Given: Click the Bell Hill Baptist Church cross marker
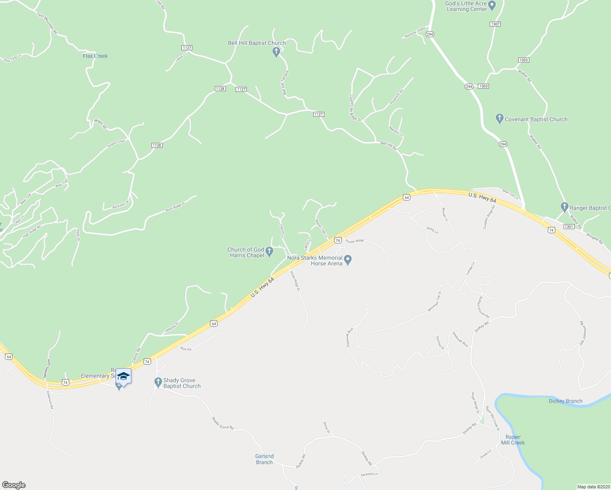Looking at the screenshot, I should pyautogui.click(x=276, y=52).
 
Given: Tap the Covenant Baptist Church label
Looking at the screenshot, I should pyautogui.click(x=536, y=120).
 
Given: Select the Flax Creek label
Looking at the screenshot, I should pyautogui.click(x=95, y=56).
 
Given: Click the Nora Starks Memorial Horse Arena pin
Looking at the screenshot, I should pyautogui.click(x=348, y=259).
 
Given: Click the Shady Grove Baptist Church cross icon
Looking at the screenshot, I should pyautogui.click(x=158, y=383).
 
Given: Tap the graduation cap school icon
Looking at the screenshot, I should pyautogui.click(x=123, y=376).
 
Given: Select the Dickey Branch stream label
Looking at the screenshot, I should pyautogui.click(x=565, y=401).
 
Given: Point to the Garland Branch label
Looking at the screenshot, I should pyautogui.click(x=264, y=459).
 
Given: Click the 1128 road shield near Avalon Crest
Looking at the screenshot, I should pyautogui.click(x=157, y=145).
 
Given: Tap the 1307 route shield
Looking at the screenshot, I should pyautogui.click(x=495, y=24).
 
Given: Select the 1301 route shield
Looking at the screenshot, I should pyautogui.click(x=569, y=226).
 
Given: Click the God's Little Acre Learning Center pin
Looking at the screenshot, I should pyautogui.click(x=492, y=6).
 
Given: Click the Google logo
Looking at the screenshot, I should pyautogui.click(x=13, y=485).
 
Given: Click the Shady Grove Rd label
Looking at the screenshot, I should pyautogui.click(x=223, y=423).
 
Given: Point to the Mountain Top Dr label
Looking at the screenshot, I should pyautogui.click(x=434, y=302).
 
